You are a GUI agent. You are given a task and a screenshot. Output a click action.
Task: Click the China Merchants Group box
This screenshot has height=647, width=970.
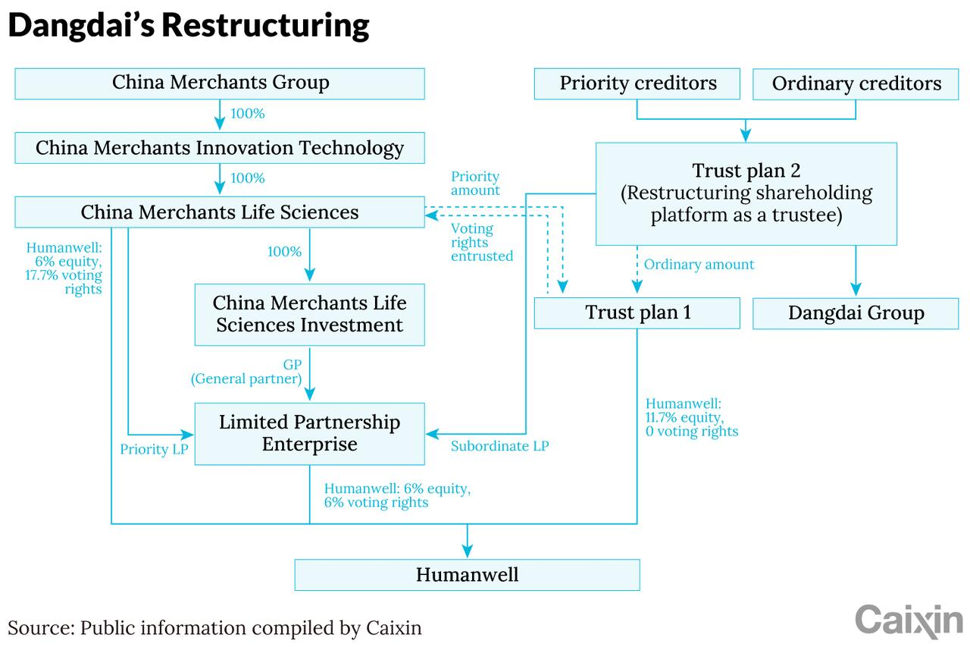pos(220,83)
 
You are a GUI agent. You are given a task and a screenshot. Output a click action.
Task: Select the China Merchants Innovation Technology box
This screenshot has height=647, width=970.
pos(220,148)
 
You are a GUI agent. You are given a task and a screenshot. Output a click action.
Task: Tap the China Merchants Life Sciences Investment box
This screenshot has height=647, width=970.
pos(310,315)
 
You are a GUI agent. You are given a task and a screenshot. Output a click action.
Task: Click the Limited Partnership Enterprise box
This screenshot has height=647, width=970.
pos(310,434)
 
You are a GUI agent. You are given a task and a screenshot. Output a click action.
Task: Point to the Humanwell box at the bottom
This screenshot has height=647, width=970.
pos(468,575)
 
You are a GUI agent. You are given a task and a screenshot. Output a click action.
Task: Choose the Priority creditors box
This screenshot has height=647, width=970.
pos(637,83)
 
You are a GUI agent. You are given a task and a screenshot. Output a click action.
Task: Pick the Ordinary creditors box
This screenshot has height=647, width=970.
pos(856,84)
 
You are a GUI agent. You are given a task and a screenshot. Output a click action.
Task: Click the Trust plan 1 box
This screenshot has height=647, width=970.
pos(637,313)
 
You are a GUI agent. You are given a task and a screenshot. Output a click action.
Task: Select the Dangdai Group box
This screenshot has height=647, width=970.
pos(856,313)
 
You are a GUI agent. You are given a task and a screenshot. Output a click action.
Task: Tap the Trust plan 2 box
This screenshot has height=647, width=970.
pos(746,193)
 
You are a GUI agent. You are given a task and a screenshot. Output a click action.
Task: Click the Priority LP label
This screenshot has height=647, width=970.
pos(154,449)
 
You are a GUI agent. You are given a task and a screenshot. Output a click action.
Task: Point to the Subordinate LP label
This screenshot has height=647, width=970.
pos(499,446)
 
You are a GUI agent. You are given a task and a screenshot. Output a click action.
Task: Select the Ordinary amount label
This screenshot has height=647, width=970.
pos(699,265)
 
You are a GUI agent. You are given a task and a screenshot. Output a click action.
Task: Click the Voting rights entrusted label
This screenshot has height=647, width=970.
pos(481,242)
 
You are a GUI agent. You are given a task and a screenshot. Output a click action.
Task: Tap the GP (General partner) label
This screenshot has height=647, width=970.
pos(246,372)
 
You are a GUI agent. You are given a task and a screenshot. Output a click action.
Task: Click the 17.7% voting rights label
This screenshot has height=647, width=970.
pos(64,281)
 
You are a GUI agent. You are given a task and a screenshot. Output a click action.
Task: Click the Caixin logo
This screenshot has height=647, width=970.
pos(909,620)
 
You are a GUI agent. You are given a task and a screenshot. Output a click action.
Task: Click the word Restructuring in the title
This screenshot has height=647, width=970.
pos(265,26)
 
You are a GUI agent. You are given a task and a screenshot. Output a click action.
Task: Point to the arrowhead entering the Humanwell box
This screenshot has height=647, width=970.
pos(468,551)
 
